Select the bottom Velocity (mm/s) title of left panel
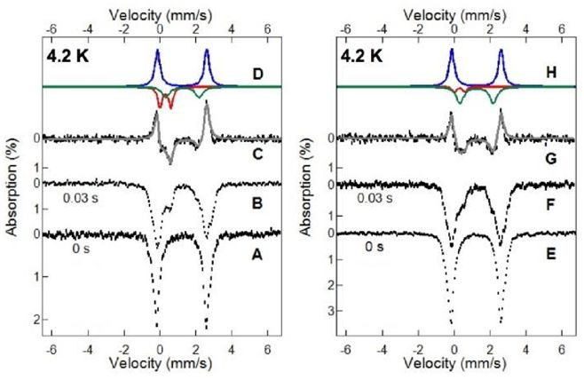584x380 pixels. pos(160,365)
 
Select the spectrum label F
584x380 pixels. pos(549,203)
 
